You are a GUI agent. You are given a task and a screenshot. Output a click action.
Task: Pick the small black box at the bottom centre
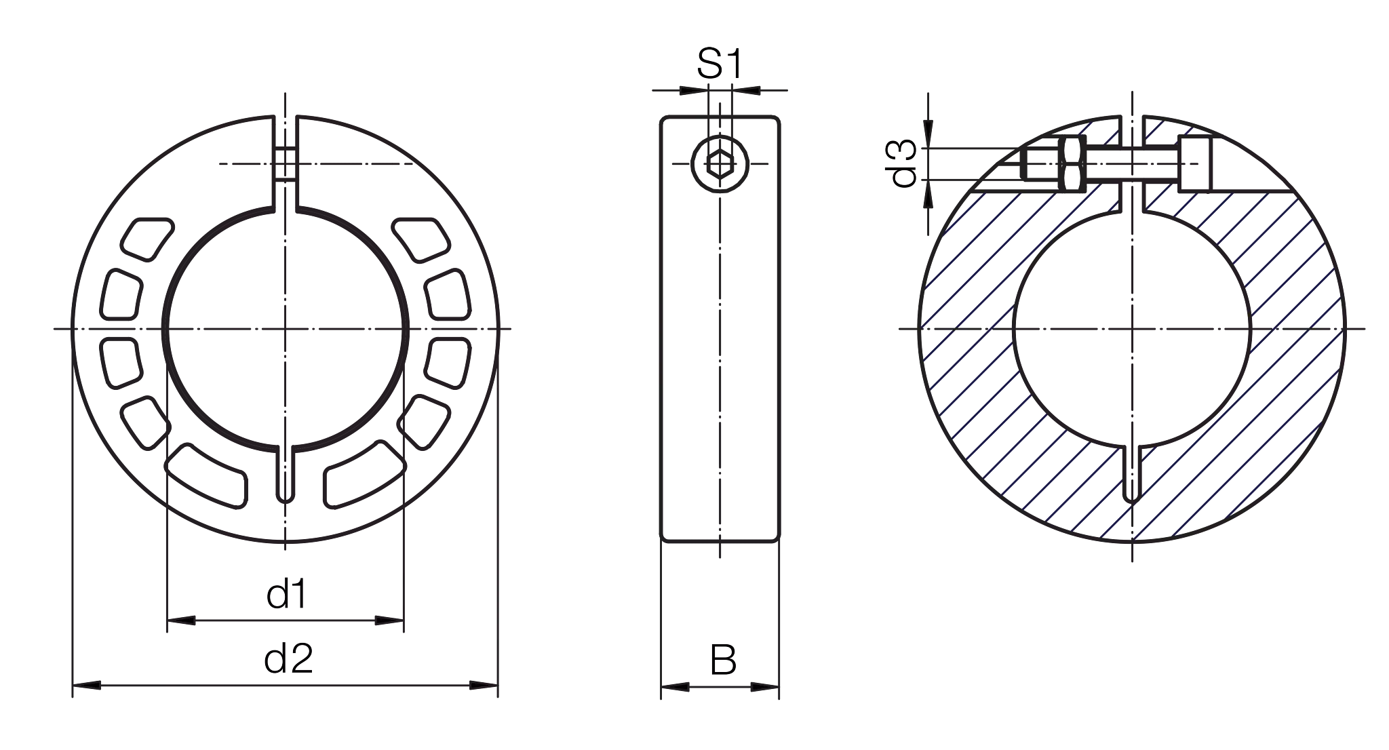[743, 658]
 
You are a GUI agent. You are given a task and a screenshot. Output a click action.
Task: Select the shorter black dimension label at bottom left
[334, 595]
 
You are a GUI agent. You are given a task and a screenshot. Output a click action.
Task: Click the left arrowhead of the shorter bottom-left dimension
[184, 620]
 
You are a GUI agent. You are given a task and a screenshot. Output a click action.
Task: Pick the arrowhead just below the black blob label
[928, 195]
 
